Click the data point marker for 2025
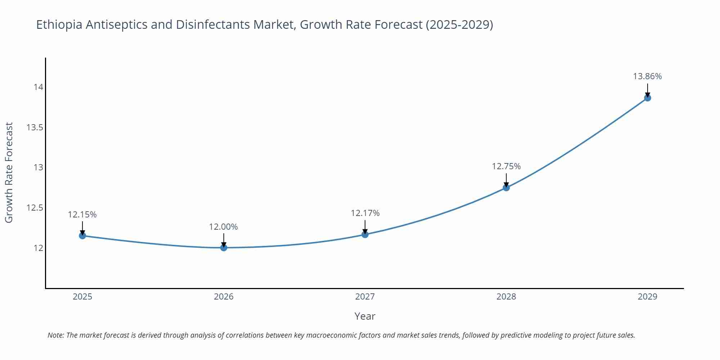(82, 236)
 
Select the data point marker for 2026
(224, 248)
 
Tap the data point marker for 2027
(365, 235)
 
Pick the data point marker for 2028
(506, 188)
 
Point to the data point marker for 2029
(647, 98)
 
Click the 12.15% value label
(82, 215)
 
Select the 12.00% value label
(224, 227)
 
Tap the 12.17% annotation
(365, 213)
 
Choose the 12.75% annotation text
(506, 166)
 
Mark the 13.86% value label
(647, 76)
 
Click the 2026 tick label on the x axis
(224, 297)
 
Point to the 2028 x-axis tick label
(506, 297)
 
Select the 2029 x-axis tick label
(647, 297)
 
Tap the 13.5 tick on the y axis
(35, 127)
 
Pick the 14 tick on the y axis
(38, 87)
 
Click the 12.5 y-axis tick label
(35, 208)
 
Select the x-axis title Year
(365, 316)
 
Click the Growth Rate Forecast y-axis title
(9, 172)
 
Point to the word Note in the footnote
(55, 335)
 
